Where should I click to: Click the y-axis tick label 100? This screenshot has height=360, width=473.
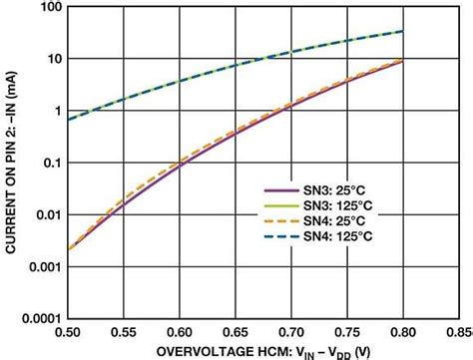pyautogui.click(x=50, y=8)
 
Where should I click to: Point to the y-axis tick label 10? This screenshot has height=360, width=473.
pyautogui.click(x=53, y=59)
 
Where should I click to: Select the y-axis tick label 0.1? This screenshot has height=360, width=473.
pyautogui.click(x=51, y=164)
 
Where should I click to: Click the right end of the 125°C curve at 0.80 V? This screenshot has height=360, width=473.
pyautogui.click(x=402, y=31)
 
